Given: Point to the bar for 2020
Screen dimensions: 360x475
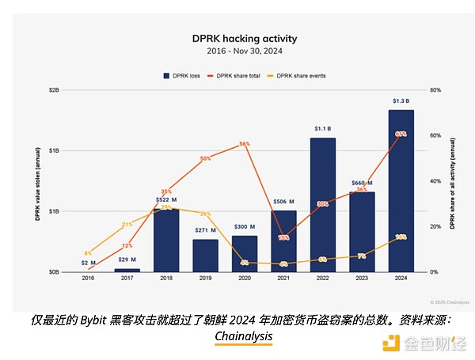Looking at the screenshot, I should (245, 253).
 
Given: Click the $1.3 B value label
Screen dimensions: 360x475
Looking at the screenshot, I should (401, 101).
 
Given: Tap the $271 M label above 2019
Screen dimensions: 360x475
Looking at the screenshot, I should (205, 231).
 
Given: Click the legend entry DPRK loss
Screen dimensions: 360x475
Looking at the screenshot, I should (181, 76).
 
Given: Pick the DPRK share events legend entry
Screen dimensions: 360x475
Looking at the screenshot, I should (298, 76).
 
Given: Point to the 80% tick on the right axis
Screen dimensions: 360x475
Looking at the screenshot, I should (435, 90).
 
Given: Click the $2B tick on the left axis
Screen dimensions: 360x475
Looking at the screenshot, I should (54, 90).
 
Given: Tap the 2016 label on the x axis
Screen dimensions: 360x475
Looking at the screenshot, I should (87, 279).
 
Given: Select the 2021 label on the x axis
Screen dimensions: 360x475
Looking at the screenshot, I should (283, 279).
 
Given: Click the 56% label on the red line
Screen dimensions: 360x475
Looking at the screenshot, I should (245, 144).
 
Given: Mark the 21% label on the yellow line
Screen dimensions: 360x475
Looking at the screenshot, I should (127, 225).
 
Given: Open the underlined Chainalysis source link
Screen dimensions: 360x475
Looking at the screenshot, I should (243, 336).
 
